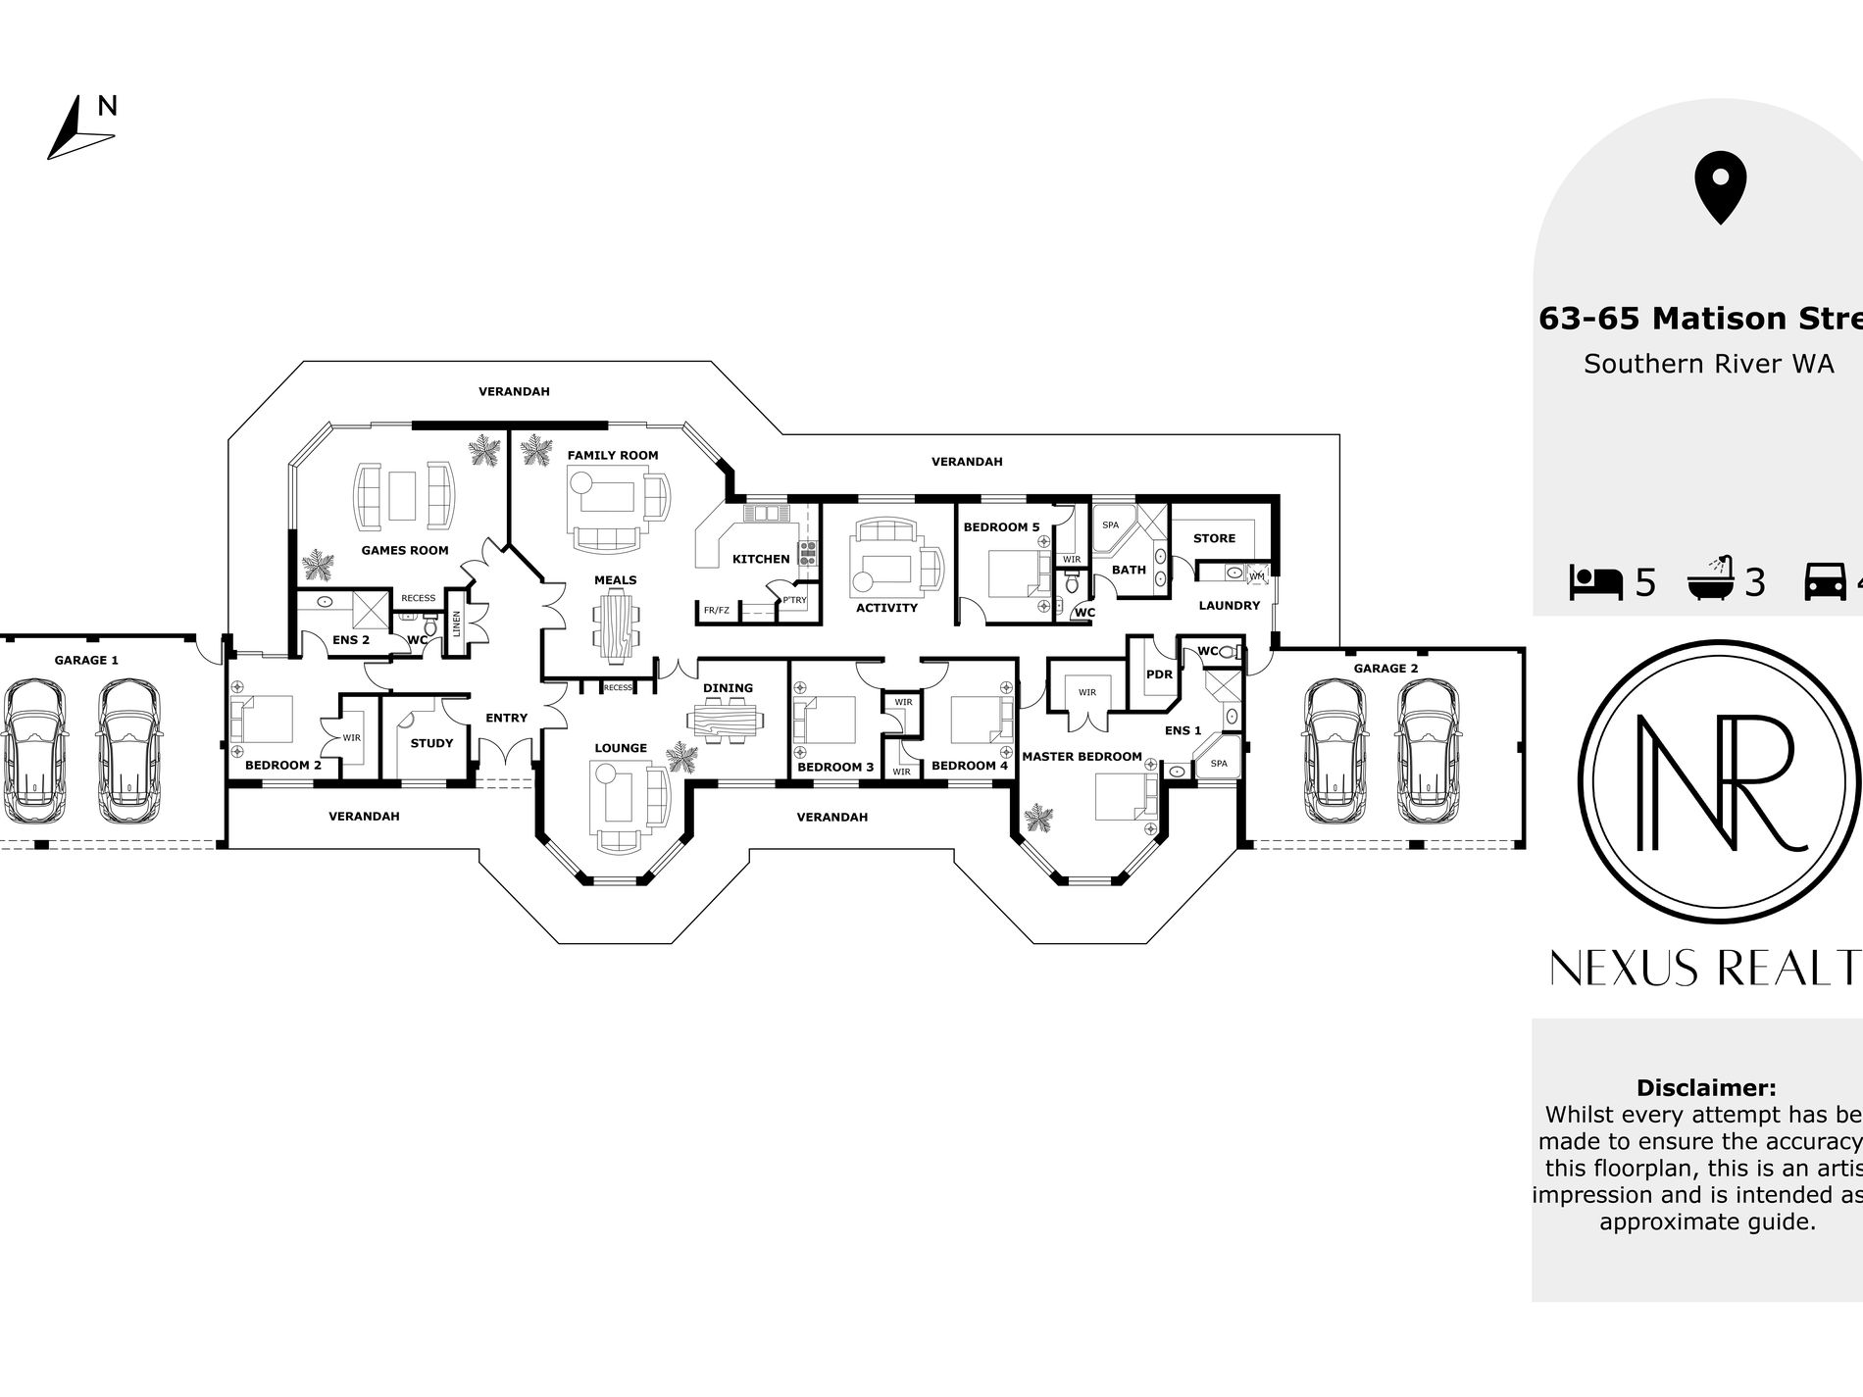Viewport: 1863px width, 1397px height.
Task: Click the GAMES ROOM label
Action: [x=404, y=550]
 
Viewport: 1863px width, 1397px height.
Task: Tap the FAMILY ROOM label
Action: [x=612, y=455]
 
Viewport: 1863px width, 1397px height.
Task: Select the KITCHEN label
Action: [x=761, y=559]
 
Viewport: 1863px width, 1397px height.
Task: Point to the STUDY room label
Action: [x=431, y=743]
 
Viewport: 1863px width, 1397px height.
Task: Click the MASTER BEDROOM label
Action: [x=1082, y=757]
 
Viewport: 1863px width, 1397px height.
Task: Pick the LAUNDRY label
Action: [x=1229, y=606]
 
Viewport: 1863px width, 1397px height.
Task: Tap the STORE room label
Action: [x=1214, y=538]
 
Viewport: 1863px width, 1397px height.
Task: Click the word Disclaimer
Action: [x=1706, y=1088]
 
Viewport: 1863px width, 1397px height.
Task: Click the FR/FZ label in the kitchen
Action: [x=716, y=611]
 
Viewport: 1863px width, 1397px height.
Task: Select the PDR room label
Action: [x=1159, y=674]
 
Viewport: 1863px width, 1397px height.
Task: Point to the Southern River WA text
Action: [x=1708, y=364]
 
